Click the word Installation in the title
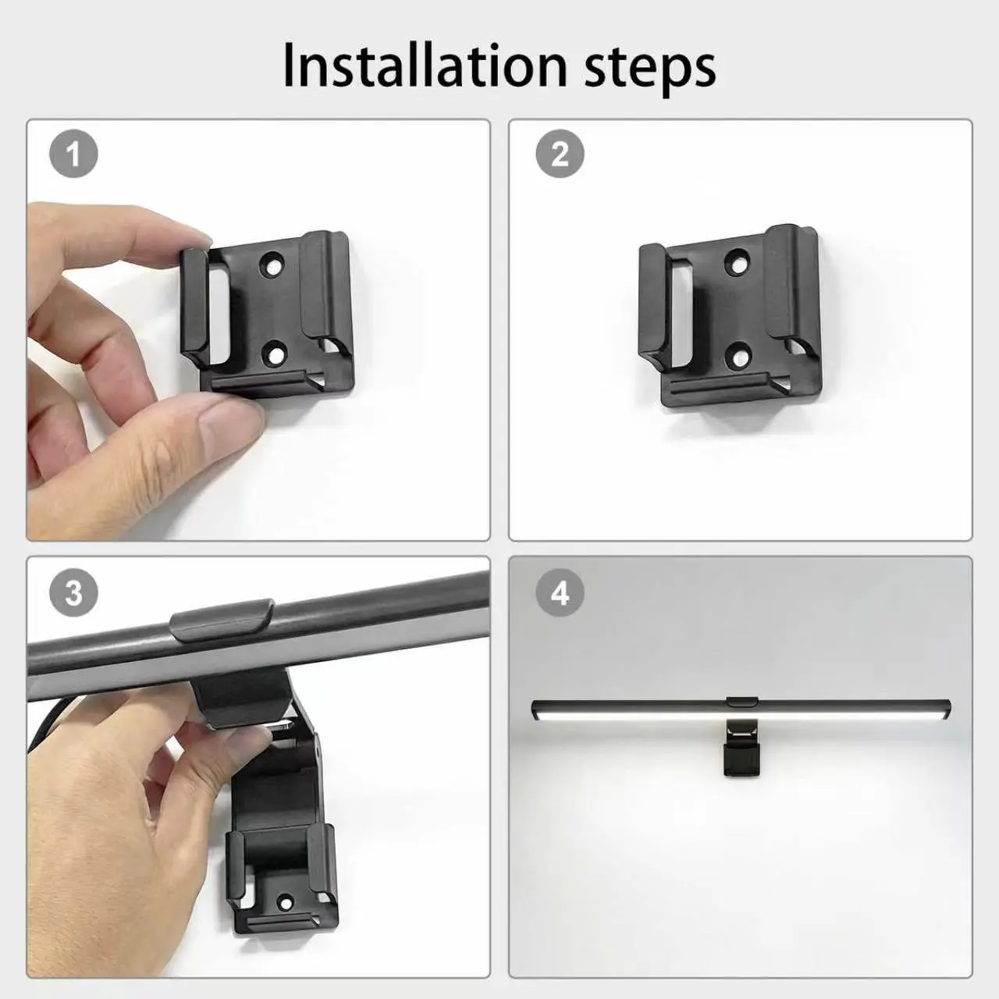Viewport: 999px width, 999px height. pos(425,66)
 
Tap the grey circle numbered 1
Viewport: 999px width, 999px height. pos(73,154)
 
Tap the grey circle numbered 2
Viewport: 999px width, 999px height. pos(560,154)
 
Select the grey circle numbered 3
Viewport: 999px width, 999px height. pos(73,592)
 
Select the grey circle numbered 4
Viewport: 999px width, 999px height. pos(560,592)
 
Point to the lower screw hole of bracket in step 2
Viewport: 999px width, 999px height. pos(740,354)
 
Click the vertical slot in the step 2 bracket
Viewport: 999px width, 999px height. pos(681,315)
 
